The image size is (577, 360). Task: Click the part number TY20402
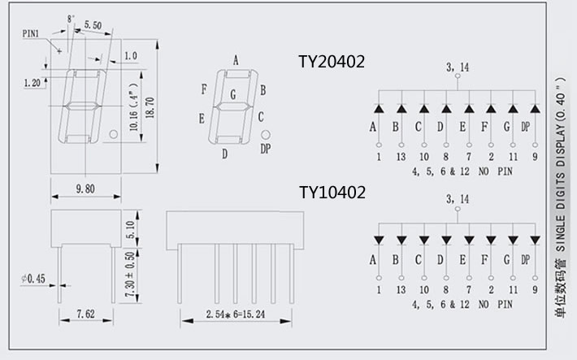point(332,62)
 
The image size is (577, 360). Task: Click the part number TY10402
point(332,193)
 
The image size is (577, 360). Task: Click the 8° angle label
point(71,18)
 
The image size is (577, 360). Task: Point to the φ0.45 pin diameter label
point(33,279)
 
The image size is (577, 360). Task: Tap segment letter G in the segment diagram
point(233,95)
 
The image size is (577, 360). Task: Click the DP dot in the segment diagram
point(266,137)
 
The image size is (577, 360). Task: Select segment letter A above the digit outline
point(236,60)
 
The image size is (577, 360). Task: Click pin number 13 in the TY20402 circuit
point(401,157)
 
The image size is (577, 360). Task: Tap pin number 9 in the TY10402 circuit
point(535,289)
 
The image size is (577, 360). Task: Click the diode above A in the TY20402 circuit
point(379,108)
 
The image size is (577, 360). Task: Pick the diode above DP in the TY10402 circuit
point(535,241)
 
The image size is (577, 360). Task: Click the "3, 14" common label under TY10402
point(458,199)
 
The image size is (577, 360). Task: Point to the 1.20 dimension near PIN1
point(33,83)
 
